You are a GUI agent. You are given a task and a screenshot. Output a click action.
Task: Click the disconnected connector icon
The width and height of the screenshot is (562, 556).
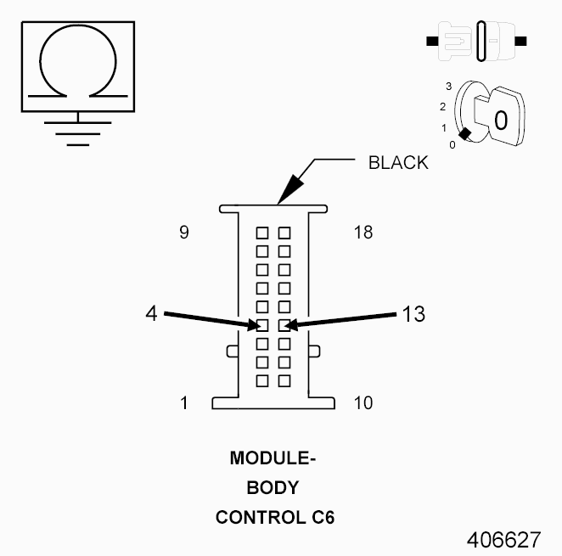pos(476,40)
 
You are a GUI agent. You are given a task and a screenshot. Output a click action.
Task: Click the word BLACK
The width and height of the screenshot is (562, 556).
pos(398,163)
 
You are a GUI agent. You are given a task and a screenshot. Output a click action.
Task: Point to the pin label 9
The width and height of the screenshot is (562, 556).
pos(184,233)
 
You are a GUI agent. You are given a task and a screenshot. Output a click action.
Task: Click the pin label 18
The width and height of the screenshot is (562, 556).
pos(362,233)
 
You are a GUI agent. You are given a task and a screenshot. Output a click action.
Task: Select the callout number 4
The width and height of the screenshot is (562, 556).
pos(151,313)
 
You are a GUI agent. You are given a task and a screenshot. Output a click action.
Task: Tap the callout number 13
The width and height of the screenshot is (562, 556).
pos(413,313)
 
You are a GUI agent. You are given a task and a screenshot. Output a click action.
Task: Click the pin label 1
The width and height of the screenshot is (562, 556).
pos(184,402)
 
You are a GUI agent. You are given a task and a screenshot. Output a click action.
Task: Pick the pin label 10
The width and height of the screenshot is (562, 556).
pos(362,402)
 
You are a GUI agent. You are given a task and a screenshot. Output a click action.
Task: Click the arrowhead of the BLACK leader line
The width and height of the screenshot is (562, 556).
pos(285,197)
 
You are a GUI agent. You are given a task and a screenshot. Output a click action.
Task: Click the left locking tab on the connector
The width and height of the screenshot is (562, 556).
pos(231,351)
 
